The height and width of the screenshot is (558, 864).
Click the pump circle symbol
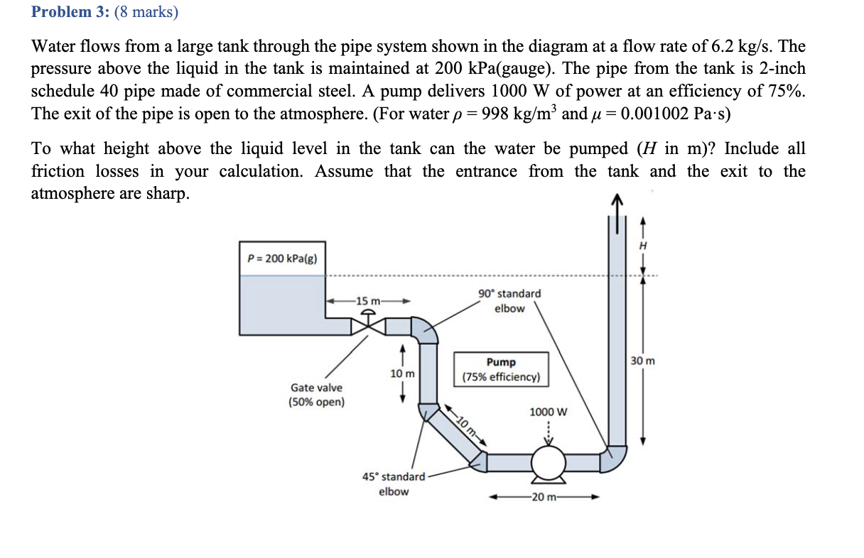pos(548,464)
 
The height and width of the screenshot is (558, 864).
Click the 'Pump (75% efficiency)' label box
pos(502,369)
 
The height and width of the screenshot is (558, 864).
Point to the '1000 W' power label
pos(548,412)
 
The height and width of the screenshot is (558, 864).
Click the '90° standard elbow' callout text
pos(509,301)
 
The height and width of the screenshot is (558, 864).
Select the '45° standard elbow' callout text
pos(393,484)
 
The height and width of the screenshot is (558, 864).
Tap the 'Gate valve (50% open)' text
pos(316,395)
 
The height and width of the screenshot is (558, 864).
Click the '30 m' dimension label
pos(642,361)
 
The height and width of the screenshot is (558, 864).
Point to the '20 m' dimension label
pos(544,497)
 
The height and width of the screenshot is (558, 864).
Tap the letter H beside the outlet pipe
pos(644,244)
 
